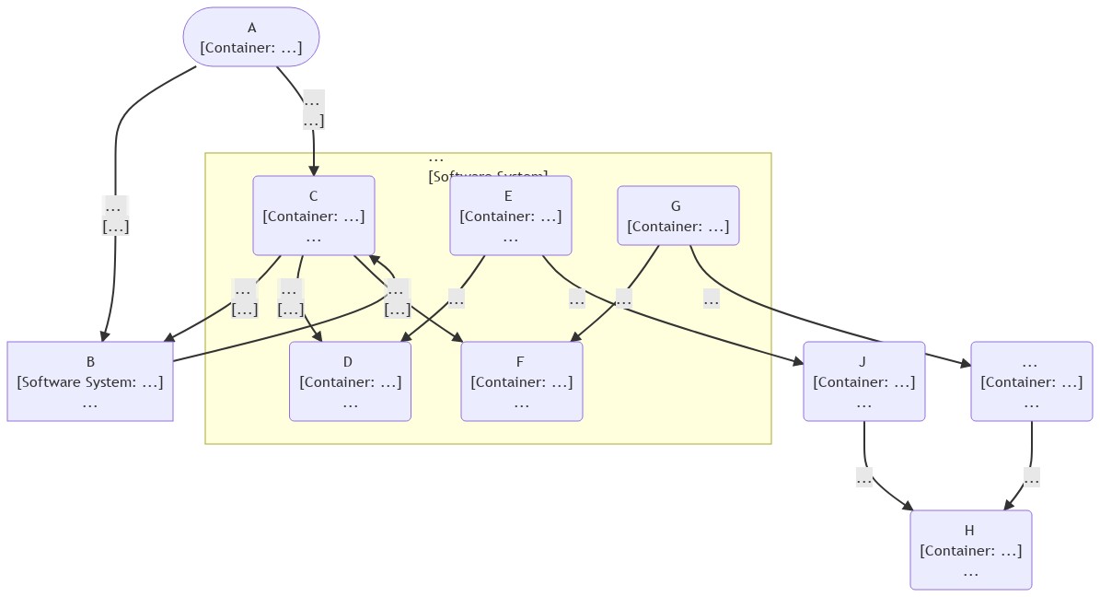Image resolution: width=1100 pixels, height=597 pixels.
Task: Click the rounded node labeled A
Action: pos(251,38)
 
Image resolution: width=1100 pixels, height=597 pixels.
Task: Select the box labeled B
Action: pos(90,381)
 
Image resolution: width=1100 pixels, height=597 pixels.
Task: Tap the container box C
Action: pos(314,216)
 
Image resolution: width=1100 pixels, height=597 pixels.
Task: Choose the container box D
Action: pos(350,381)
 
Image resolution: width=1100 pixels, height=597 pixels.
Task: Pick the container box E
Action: pos(511,216)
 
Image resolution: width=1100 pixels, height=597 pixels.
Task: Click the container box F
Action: pos(522,381)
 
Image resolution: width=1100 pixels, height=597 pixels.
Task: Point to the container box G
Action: pos(678,216)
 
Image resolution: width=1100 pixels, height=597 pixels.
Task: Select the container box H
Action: pos(971,550)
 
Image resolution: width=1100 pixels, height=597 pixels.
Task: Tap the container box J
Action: pos(864,381)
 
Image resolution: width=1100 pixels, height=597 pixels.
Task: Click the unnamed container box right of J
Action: pos(1032,381)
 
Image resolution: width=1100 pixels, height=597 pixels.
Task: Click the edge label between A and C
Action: pos(313,110)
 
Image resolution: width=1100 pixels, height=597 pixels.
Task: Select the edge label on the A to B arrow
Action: pos(115,216)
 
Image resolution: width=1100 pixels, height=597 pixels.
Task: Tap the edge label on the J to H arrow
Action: pos(864,477)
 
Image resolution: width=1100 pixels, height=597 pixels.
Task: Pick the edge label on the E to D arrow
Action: pos(456,298)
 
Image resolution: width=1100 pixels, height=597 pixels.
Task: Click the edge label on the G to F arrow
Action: pos(623,298)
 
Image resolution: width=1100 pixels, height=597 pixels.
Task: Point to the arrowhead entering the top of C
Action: pos(314,170)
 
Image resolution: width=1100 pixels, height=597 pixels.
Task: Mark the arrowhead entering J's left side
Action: pos(798,365)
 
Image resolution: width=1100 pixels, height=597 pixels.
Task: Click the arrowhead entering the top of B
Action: pos(105,336)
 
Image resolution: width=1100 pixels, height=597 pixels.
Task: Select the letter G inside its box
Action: pos(676,206)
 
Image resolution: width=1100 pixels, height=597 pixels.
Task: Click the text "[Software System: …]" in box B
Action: pos(90,381)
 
